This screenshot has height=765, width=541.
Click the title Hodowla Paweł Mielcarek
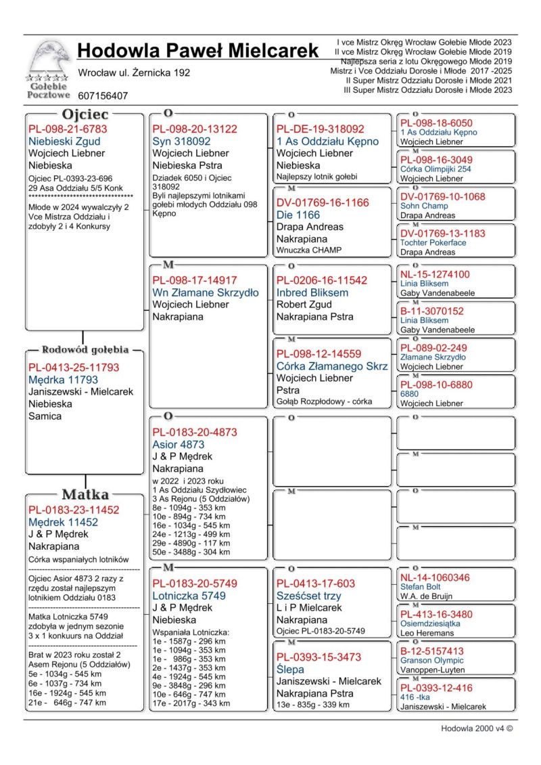pyautogui.click(x=198, y=51)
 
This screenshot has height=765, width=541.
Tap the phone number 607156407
pyautogui.click(x=103, y=96)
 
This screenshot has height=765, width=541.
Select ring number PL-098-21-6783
pyautogui.click(x=68, y=129)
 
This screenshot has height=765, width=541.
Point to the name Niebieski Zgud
pyautogui.click(x=64, y=141)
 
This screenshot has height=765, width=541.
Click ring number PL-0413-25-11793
pyautogui.click(x=74, y=368)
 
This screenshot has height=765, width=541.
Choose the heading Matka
pyautogui.click(x=85, y=494)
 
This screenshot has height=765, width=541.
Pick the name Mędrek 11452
pyautogui.click(x=64, y=522)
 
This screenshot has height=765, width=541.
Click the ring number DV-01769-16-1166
pyautogui.click(x=323, y=202)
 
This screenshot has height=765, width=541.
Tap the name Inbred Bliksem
pyautogui.click(x=312, y=292)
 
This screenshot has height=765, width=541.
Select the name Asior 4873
pyautogui.click(x=178, y=445)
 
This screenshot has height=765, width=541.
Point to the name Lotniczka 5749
pyautogui.click(x=189, y=596)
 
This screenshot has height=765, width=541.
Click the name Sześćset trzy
pyautogui.click(x=308, y=596)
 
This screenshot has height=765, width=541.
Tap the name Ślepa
pyautogui.click(x=291, y=669)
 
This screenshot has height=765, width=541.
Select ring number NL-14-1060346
pyautogui.click(x=444, y=577)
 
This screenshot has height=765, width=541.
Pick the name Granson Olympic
pyautogui.click(x=432, y=660)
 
